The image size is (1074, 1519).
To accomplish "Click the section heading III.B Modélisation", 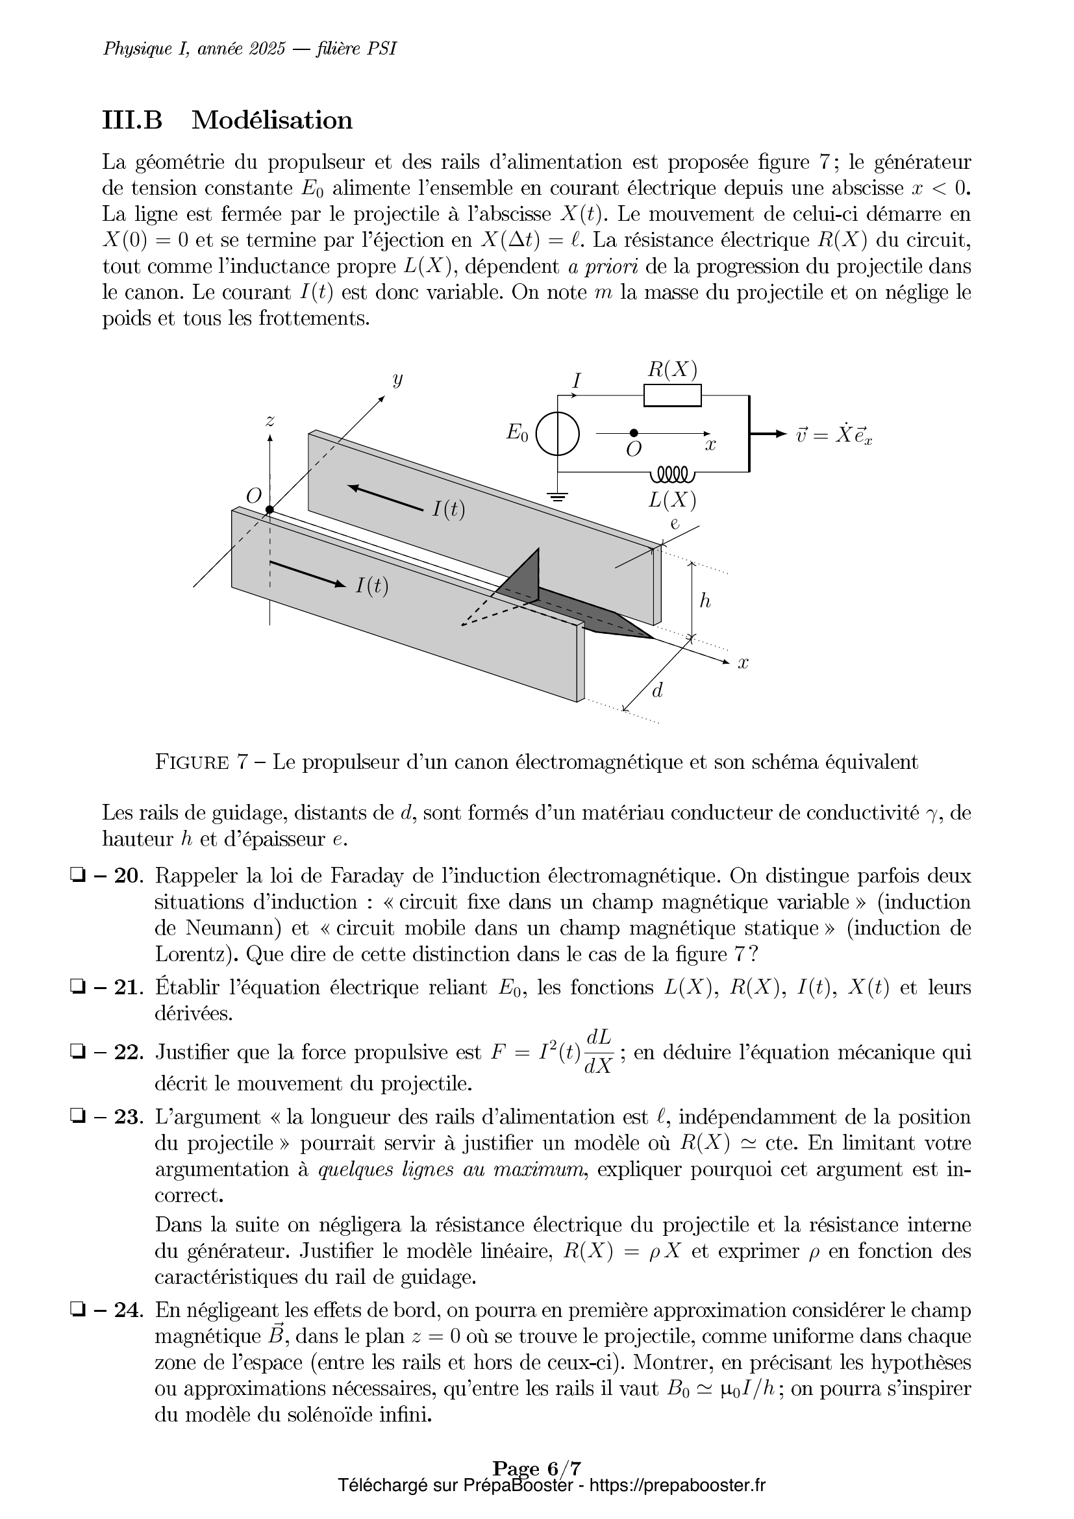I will (x=227, y=120).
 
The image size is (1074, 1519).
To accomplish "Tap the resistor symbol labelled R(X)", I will (x=672, y=395).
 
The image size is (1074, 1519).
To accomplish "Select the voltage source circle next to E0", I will (x=558, y=434).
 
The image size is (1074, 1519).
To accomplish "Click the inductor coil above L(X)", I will (x=672, y=474).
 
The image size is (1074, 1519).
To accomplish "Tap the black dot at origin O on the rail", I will (x=270, y=509).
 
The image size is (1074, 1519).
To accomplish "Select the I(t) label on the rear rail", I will (x=449, y=508).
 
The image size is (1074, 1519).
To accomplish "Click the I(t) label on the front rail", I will (x=371, y=586).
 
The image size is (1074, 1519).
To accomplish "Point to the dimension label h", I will (x=705, y=600).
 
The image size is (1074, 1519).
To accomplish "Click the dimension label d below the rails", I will (x=657, y=691).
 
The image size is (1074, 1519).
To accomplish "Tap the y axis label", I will (x=397, y=379).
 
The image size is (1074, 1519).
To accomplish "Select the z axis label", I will (x=270, y=420).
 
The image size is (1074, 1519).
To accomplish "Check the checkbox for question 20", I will (x=74, y=875).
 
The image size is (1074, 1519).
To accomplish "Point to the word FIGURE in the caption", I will (x=192, y=763).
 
